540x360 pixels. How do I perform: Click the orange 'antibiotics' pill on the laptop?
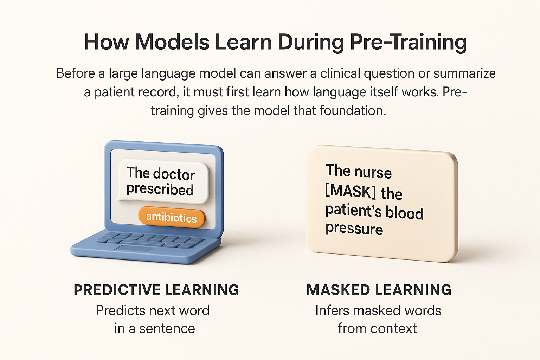tap(172, 217)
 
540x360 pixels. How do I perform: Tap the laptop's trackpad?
tap(134, 249)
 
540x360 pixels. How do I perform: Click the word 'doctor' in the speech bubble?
tap(174, 174)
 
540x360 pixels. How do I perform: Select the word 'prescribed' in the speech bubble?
tap(160, 189)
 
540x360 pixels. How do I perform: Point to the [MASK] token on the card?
tap(350, 191)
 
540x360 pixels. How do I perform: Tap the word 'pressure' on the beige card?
tap(354, 229)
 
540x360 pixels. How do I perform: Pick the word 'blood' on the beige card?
tap(404, 213)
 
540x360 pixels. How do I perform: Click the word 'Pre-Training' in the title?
tap(409, 42)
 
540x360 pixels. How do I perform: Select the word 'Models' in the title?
tap(172, 42)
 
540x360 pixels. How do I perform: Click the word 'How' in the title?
tap(106, 42)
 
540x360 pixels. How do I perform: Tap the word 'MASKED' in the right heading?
tap(338, 290)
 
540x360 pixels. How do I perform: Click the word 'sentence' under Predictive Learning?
tap(167, 329)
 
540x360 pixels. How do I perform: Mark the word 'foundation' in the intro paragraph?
tap(353, 111)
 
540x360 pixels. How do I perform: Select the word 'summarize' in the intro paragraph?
tap(464, 73)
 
